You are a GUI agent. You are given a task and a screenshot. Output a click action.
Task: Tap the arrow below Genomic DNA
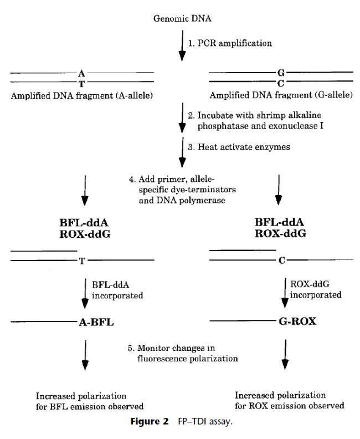[x=180, y=46]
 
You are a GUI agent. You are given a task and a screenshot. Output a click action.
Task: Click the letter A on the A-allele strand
[x=82, y=73]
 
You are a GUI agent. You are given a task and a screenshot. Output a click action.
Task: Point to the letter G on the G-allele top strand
[x=280, y=73]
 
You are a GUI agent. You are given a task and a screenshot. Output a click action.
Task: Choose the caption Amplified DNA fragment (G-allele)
[x=280, y=95]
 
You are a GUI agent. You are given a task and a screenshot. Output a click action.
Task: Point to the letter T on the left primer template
[x=82, y=261]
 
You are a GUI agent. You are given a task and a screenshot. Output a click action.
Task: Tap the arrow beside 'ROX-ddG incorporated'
[x=286, y=292]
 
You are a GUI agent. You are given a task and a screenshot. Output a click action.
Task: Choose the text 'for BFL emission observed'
[x=90, y=406]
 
